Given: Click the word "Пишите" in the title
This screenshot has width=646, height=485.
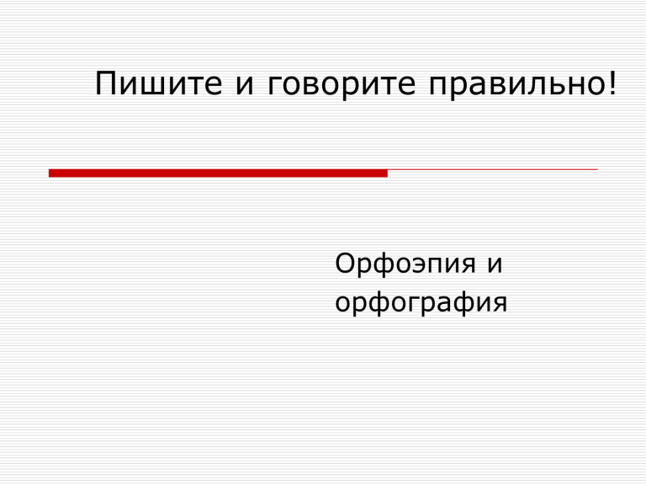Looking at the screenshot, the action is (x=159, y=83).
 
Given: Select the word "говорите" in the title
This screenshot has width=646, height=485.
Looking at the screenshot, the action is (x=342, y=87).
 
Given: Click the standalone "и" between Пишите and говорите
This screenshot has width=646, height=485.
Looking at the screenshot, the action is (x=245, y=87).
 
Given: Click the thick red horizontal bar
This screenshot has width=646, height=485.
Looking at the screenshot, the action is (x=218, y=173).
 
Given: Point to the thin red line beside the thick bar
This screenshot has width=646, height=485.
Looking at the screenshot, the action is (x=493, y=169).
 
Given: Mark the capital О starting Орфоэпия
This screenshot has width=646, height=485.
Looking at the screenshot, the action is (x=345, y=263).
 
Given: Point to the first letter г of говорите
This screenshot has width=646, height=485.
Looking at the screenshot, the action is (x=275, y=87).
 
